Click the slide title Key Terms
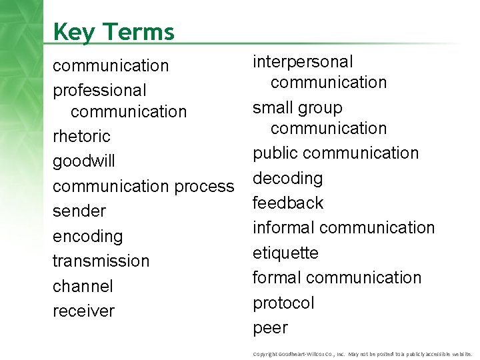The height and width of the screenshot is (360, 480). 113,31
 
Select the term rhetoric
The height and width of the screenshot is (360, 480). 81,137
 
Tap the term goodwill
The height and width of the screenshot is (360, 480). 84,162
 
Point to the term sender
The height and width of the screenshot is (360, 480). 79,211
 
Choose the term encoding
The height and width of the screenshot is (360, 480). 88,237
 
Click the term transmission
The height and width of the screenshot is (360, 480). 101,261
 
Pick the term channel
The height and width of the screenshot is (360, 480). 83,286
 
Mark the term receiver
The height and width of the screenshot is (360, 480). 83,311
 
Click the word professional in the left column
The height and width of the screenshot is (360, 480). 99,89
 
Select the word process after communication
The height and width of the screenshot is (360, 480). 205,187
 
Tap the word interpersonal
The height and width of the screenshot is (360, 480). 303,61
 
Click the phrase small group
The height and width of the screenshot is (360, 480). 297,108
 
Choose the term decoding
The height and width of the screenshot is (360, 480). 288,178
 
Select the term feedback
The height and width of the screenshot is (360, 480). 288,203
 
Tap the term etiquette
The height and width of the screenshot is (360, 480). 285,253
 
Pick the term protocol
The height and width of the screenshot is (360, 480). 283,303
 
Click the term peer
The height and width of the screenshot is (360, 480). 270,328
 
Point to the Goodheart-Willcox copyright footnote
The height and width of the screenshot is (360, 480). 363,353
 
